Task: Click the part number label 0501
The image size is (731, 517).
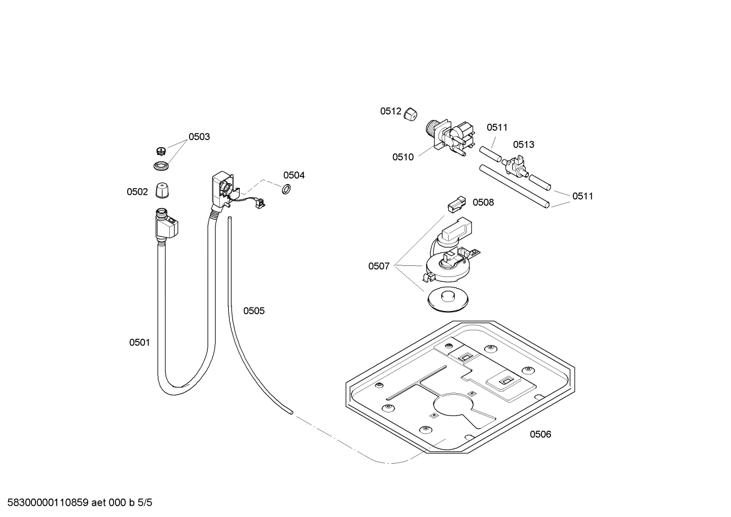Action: click(139, 342)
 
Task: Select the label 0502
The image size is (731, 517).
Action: click(137, 192)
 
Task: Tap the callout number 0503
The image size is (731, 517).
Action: click(199, 137)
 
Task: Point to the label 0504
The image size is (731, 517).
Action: click(294, 176)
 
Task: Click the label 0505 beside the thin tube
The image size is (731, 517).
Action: click(254, 311)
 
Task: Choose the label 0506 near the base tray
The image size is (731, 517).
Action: click(540, 434)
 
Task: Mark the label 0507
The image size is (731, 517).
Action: click(379, 266)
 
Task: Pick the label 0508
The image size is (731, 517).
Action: click(483, 202)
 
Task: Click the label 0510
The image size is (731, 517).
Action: click(403, 157)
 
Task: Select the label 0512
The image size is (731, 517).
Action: click(391, 111)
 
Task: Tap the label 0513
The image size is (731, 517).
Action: click(524, 145)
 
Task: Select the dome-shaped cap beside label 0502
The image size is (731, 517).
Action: click(162, 191)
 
